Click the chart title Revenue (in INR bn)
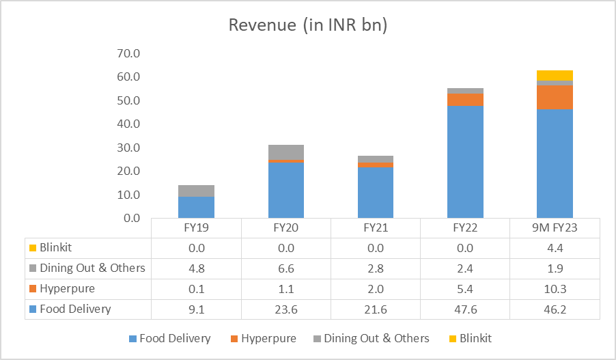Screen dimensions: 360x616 (307, 25)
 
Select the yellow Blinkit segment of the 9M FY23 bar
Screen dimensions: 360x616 (555, 75)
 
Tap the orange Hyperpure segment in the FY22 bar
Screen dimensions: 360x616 (465, 100)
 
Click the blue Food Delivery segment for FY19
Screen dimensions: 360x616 (197, 207)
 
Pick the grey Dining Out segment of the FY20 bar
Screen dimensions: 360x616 (286, 152)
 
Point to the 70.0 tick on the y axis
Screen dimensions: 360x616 (128, 53)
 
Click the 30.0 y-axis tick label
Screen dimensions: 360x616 (128, 148)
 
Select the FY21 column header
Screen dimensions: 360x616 (376, 227)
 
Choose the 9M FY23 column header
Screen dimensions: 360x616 (555, 227)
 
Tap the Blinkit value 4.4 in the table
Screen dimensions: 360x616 (555, 247)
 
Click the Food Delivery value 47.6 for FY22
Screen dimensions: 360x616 (465, 309)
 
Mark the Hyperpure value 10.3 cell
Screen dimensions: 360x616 (555, 288)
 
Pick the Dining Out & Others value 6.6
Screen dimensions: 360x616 (286, 268)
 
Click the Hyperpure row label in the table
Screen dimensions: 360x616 (68, 288)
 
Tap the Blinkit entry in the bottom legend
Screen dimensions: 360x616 (475, 338)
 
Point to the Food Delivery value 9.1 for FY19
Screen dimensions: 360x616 (197, 309)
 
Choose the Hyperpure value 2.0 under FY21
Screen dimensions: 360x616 (376, 288)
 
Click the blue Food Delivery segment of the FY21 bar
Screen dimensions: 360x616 (376, 193)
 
